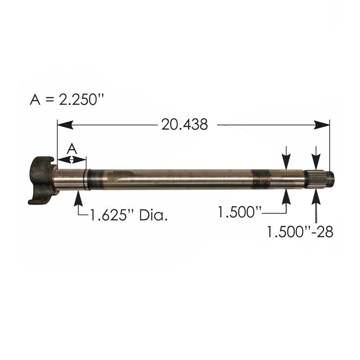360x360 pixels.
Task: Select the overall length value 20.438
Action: tap(185, 124)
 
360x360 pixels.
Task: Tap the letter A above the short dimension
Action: tap(72, 148)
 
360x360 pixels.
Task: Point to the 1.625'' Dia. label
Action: tap(128, 214)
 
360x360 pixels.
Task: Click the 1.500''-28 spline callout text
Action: tap(300, 232)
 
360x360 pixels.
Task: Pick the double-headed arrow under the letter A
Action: tap(72, 160)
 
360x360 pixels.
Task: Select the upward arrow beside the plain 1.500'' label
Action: tap(287, 198)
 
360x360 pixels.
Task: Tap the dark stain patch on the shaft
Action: tap(120, 176)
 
